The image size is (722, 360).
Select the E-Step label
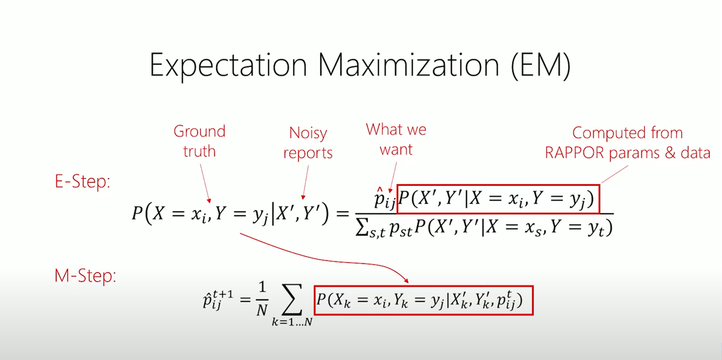pyautogui.click(x=82, y=182)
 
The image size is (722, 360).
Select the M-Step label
pyautogui.click(x=85, y=276)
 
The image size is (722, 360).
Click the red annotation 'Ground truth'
pyautogui.click(x=199, y=141)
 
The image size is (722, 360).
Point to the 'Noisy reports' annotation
pyautogui.click(x=308, y=143)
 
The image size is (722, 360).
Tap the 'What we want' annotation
pyautogui.click(x=396, y=139)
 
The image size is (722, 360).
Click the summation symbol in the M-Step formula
pyautogui.click(x=292, y=299)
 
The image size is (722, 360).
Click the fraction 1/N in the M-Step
pyautogui.click(x=262, y=299)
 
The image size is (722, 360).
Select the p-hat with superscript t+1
pyautogui.click(x=218, y=299)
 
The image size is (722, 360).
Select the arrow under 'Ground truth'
pyautogui.click(x=205, y=183)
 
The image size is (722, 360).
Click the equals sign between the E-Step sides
pyautogui.click(x=343, y=214)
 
